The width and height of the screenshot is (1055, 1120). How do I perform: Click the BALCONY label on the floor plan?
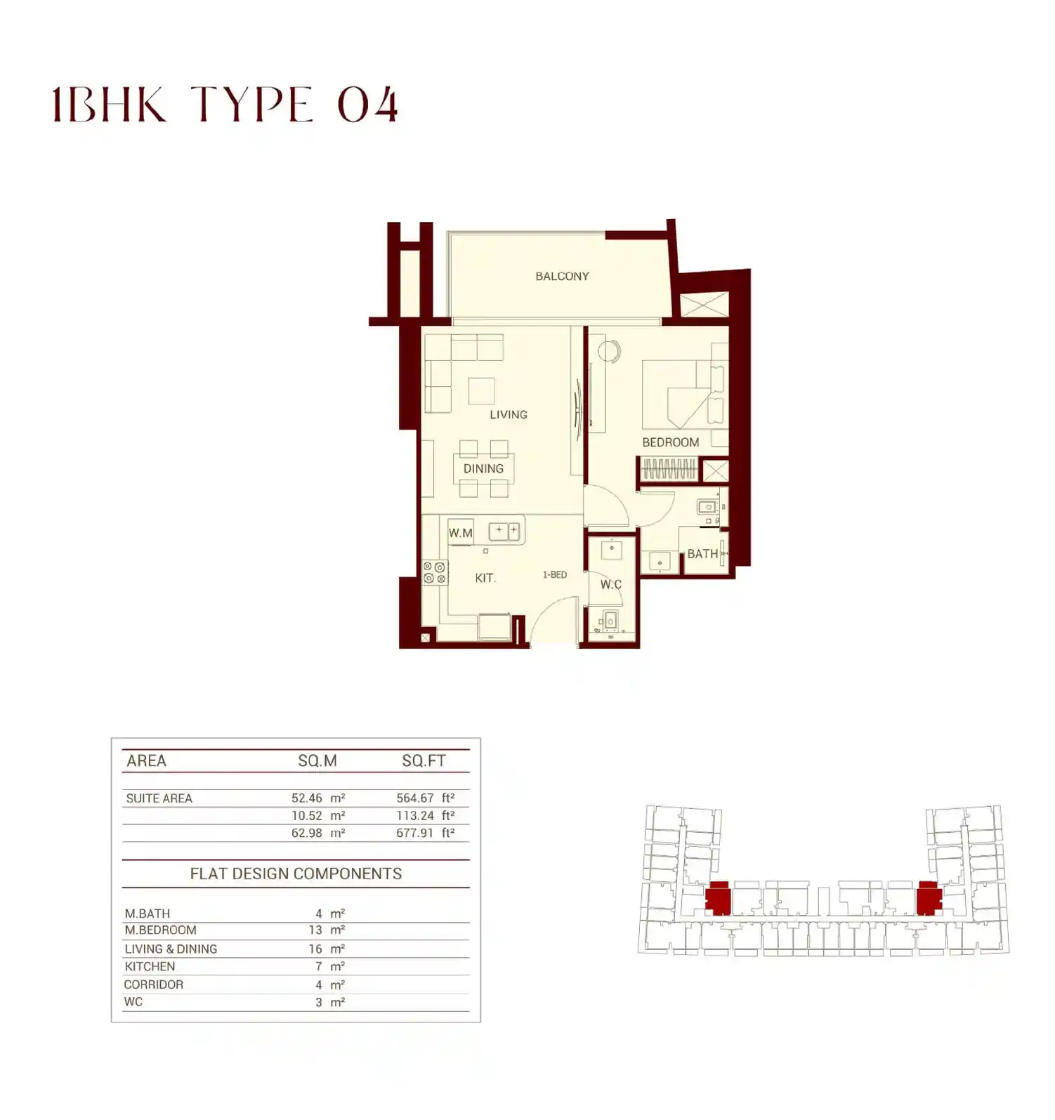(562, 277)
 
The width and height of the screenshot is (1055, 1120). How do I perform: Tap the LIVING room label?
(508, 415)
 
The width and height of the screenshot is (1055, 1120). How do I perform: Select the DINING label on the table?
(483, 468)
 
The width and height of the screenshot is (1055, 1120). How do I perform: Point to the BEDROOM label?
(670, 442)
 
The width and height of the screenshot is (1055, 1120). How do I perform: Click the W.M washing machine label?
(461, 533)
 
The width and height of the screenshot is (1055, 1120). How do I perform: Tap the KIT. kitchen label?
(485, 579)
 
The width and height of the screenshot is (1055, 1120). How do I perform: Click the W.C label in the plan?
(610, 584)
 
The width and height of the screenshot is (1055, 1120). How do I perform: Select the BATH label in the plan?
(702, 554)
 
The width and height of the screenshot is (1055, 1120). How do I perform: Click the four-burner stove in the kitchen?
(434, 573)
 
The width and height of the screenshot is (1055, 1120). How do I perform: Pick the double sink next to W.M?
(506, 531)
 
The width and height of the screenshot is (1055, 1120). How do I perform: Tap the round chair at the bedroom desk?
(609, 351)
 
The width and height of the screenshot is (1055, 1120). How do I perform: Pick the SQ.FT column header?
(424, 761)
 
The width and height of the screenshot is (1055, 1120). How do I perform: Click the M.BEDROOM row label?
(160, 930)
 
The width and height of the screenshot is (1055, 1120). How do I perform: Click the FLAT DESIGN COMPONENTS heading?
(296, 874)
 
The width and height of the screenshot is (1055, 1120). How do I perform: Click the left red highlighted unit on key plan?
(718, 900)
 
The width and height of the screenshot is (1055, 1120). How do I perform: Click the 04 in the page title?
(367, 106)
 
